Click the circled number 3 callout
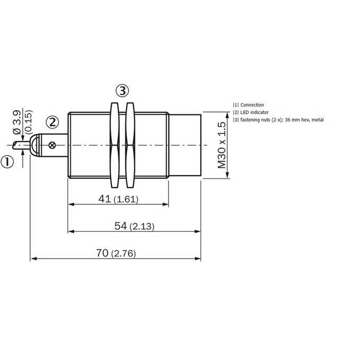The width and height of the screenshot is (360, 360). tap(122, 91)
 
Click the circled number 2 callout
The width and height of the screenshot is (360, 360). tap(52, 122)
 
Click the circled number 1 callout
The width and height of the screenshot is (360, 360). tap(7, 162)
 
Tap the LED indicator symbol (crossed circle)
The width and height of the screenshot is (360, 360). tap(52, 145)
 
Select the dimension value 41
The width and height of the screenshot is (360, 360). tap(104, 199)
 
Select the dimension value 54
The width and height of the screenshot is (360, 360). tap(121, 226)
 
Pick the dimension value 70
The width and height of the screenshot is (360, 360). tap(102, 253)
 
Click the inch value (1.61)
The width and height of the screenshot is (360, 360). tap(127, 199)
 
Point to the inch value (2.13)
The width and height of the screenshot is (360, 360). tap(142, 227)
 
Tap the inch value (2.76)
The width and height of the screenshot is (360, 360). tap(123, 254)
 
